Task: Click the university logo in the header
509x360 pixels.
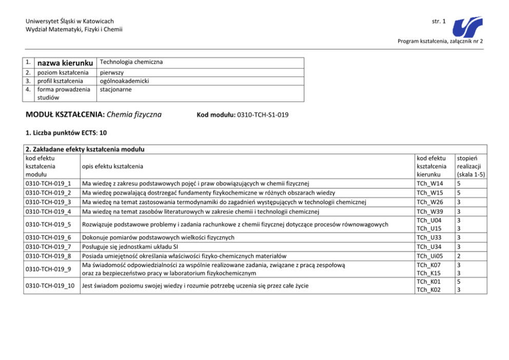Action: [468, 24]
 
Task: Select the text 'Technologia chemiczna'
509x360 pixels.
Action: [131, 62]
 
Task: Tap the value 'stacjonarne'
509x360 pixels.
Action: [115, 89]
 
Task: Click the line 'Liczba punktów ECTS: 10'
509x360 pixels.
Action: [66, 132]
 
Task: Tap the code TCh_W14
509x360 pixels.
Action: [430, 183]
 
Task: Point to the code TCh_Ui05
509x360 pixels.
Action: [430, 256]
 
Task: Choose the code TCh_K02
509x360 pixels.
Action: [430, 290]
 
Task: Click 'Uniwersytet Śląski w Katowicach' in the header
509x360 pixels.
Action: [69, 21]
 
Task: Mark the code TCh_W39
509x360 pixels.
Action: [430, 211]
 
